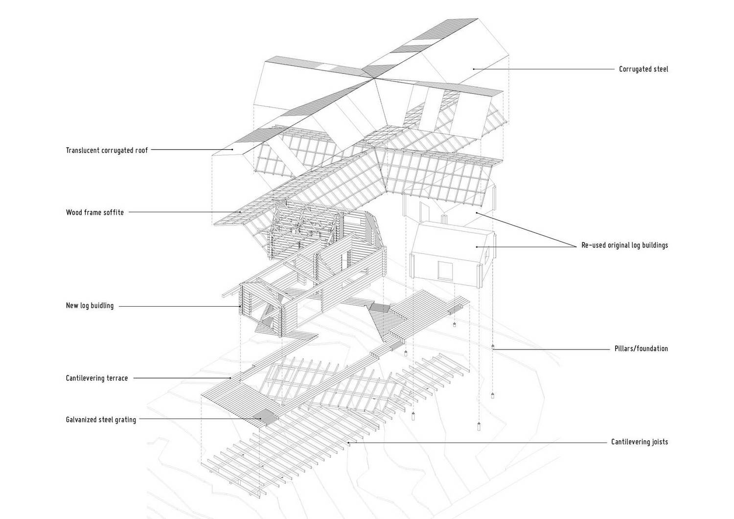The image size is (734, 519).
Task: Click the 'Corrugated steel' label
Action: point(643,69)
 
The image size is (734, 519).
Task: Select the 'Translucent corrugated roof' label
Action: point(107,150)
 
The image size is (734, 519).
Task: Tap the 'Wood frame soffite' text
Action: point(95,212)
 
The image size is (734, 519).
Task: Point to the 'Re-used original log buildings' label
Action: point(624,245)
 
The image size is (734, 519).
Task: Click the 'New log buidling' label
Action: point(90,306)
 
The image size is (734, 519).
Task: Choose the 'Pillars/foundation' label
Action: point(641,348)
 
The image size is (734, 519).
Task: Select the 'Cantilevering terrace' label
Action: point(97,378)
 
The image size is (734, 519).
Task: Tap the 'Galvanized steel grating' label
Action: point(101,420)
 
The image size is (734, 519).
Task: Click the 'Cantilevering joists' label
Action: point(640,442)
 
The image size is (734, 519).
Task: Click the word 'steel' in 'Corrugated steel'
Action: point(659,69)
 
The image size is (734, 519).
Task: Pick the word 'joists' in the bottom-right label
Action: point(658,442)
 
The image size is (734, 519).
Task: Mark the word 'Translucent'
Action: point(83,150)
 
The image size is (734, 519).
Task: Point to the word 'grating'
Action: point(125,420)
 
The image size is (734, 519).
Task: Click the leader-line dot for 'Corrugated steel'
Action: point(474,69)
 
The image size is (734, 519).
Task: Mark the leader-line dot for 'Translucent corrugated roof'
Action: point(232,150)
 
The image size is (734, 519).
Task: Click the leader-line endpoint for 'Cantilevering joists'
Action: point(348,443)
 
